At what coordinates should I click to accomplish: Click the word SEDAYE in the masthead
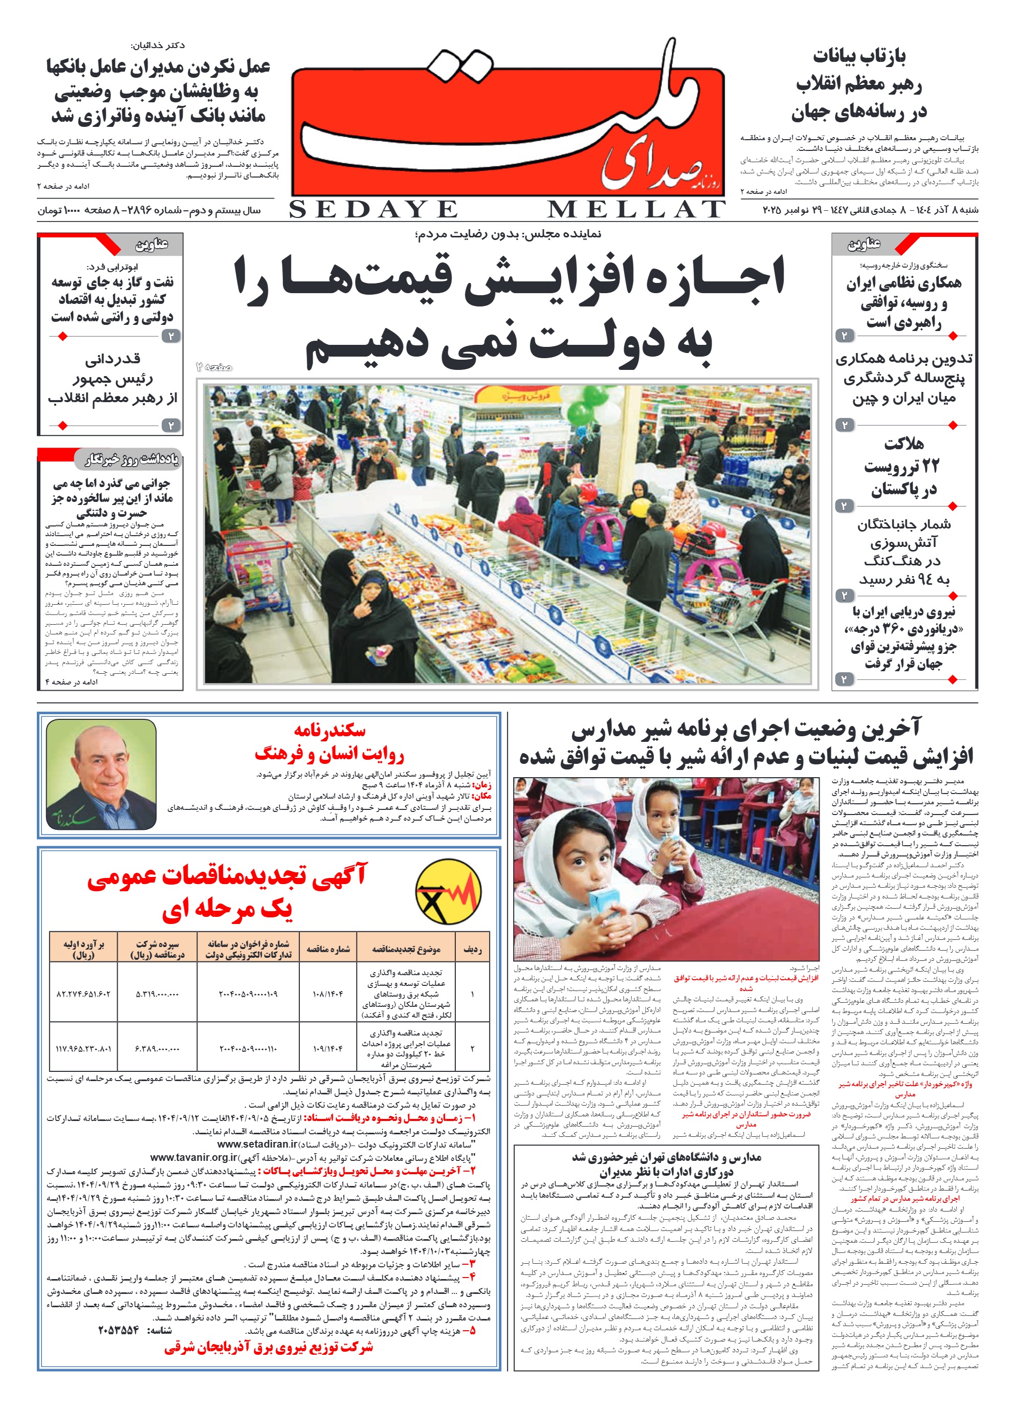pyautogui.click(x=373, y=210)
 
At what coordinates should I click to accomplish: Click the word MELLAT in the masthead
pyautogui.click(x=636, y=210)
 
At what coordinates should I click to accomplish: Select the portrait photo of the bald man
pyautogui.click(x=101, y=774)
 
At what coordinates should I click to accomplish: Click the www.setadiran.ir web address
pyautogui.click(x=256, y=1144)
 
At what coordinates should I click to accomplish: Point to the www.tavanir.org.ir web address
pyautogui.click(x=194, y=1158)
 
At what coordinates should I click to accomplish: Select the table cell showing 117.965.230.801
pyautogui.click(x=83, y=1048)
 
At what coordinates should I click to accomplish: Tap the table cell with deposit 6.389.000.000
pyautogui.click(x=157, y=1048)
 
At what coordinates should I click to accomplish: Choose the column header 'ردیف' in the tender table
pyautogui.click(x=472, y=949)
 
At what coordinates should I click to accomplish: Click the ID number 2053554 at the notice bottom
pyautogui.click(x=119, y=1330)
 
